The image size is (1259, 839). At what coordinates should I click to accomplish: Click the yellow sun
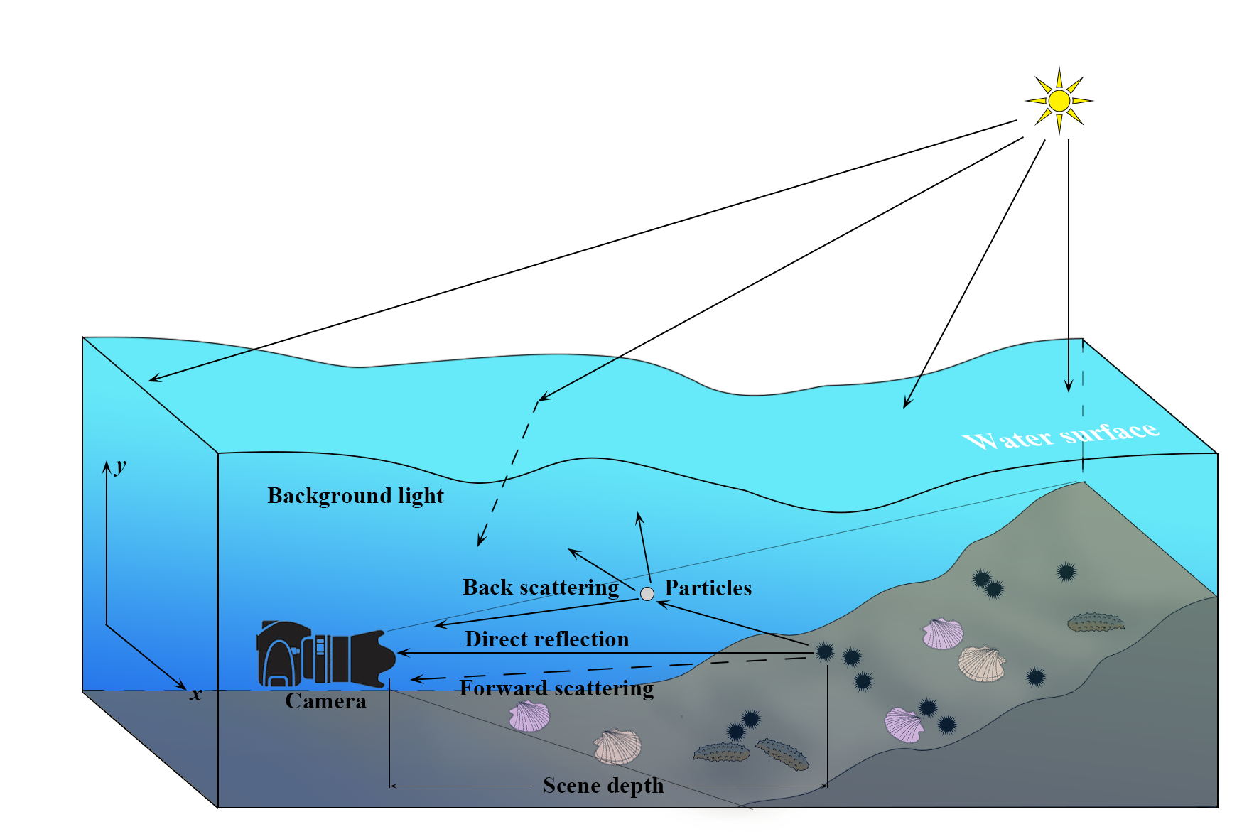[1059, 101]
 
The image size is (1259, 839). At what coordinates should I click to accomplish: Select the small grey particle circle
[647, 594]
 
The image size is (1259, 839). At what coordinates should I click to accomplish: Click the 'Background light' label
[355, 496]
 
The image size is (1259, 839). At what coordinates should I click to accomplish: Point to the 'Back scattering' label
[541, 588]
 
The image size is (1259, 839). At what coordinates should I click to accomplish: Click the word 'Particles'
[708, 588]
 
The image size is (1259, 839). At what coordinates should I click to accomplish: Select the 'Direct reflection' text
[546, 639]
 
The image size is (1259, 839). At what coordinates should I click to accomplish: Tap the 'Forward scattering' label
[556, 688]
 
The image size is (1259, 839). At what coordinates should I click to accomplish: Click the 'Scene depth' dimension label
[603, 786]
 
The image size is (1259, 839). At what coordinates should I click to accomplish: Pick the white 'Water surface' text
[1061, 435]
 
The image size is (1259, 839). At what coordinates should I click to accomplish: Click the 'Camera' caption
[325, 701]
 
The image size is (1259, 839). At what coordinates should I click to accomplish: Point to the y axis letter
[121, 466]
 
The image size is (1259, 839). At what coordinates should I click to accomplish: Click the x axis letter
[195, 694]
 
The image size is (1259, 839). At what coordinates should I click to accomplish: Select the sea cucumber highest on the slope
[1096, 623]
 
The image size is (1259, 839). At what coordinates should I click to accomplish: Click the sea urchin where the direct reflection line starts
[824, 651]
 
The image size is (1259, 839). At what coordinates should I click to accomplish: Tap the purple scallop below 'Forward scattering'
[529, 716]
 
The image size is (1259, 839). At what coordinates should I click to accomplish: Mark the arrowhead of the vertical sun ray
[1068, 387]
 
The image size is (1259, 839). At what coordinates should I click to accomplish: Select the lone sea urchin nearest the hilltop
[1065, 571]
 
